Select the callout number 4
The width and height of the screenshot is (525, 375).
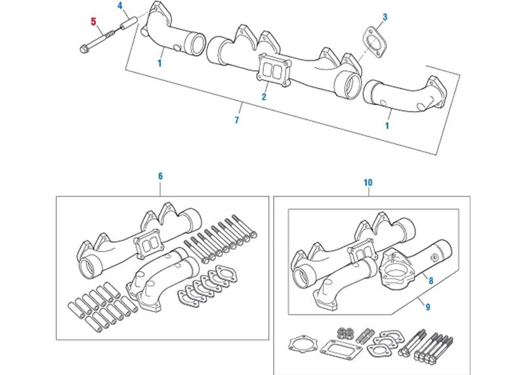pyautogui.click(x=120, y=7)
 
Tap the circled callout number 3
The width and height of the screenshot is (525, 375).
pyautogui.click(x=385, y=16)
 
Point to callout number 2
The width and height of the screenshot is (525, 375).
pyautogui.click(x=264, y=97)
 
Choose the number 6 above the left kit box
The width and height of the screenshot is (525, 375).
pyautogui.click(x=160, y=176)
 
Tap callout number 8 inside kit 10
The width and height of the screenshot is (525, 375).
pyautogui.click(x=430, y=279)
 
